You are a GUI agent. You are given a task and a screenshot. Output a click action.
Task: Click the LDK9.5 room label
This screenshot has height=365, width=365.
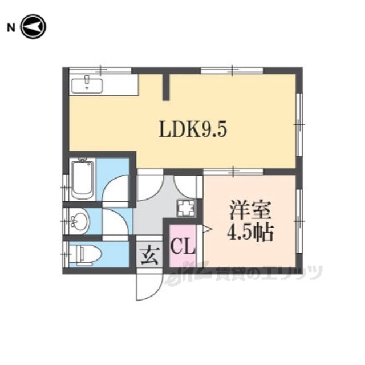pyautogui.click(x=193, y=129)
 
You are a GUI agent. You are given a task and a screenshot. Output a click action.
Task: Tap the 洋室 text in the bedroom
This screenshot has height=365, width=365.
pyautogui.click(x=250, y=211)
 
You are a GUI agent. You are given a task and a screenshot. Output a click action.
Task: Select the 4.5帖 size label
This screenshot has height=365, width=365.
pyautogui.click(x=250, y=233)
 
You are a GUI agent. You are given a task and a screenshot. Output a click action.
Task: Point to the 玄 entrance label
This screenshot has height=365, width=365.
pyautogui.click(x=150, y=255)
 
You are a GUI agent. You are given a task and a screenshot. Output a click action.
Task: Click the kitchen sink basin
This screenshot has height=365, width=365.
pyautogui.click(x=87, y=85)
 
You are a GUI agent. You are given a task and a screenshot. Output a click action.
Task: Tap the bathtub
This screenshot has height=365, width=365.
pyautogui.click(x=82, y=180)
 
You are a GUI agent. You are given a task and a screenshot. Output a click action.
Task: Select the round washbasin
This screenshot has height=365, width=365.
pyautogui.click(x=80, y=222)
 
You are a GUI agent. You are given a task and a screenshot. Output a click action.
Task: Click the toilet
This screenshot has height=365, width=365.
pyautogui.click(x=86, y=255)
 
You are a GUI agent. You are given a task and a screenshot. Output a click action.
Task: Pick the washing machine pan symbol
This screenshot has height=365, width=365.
pyautogui.click(x=186, y=208)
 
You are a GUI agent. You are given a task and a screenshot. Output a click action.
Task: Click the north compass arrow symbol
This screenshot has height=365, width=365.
pyautogui.click(x=33, y=27)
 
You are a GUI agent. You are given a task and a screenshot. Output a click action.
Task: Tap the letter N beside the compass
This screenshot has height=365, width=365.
pyautogui.click(x=11, y=28)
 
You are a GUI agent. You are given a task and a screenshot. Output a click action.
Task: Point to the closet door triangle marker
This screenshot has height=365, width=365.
pyautogui.click(x=207, y=229)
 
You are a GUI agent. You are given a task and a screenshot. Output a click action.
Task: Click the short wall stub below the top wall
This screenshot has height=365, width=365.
pyautogui.click(x=166, y=87)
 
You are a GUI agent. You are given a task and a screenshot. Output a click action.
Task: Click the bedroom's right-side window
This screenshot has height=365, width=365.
pyautogui.click(x=299, y=221)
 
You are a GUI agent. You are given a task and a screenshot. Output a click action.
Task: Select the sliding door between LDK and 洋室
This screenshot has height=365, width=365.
pyautogui.click(x=233, y=172)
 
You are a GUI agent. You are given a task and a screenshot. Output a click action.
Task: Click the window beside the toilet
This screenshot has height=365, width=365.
pyautogui.click(x=66, y=254)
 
